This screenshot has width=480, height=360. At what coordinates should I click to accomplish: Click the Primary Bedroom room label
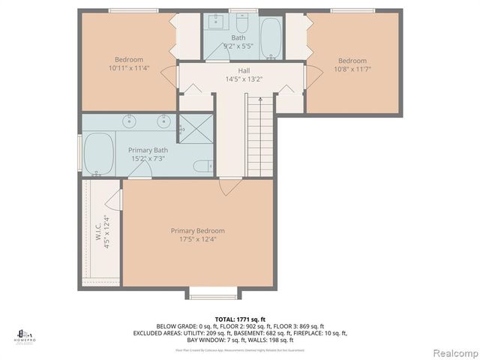(197, 230)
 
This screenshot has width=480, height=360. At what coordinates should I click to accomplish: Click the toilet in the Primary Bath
(201, 166)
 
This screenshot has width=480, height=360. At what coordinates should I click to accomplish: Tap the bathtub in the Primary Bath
(99, 153)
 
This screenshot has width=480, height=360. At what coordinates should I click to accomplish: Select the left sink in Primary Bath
(130, 120)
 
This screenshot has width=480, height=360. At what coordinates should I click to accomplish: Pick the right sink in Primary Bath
(163, 120)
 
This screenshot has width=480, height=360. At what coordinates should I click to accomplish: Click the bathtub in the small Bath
(271, 37)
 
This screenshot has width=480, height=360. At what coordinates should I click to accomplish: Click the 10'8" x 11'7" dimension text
(352, 70)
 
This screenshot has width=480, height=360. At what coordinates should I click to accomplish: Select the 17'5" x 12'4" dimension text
(197, 239)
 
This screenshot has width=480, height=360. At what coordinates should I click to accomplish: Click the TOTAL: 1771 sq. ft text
(240, 319)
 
